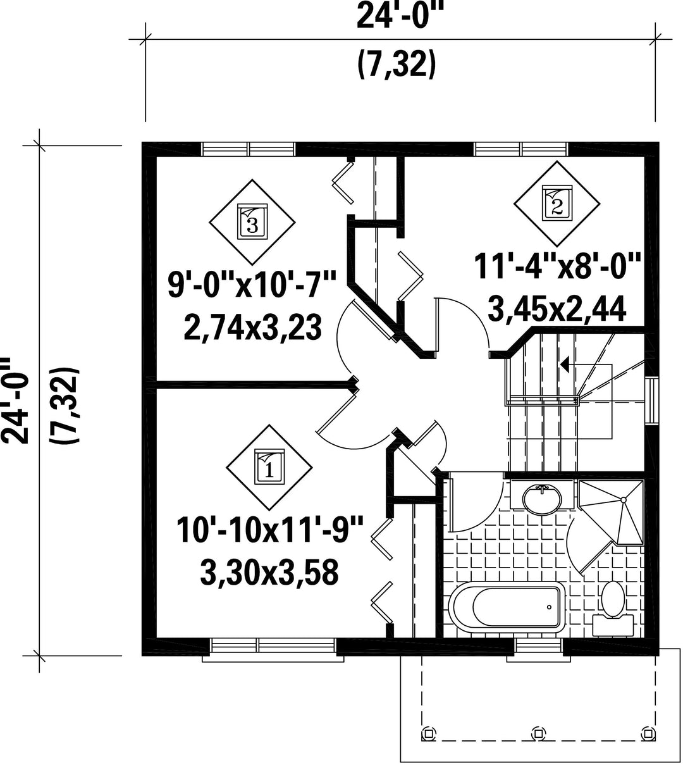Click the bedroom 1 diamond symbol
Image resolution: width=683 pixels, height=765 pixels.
pyautogui.click(x=269, y=468)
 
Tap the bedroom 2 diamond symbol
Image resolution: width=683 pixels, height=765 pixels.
pyautogui.click(x=557, y=204)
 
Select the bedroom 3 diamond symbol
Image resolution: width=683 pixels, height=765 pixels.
pyautogui.click(x=252, y=222)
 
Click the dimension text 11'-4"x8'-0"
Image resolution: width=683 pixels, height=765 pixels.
pyautogui.click(x=557, y=267)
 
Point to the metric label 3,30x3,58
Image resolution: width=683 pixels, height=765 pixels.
pyautogui.click(x=269, y=573)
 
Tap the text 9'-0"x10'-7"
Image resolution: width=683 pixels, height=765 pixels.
pyautogui.click(x=252, y=286)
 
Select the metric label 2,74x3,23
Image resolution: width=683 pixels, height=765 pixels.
pyautogui.click(x=252, y=327)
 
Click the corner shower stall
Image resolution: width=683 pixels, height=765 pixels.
pyautogui.click(x=611, y=513)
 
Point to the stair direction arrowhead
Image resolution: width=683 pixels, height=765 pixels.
pyautogui.click(x=565, y=364)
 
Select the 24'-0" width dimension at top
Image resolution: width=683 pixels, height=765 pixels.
pyautogui.click(x=399, y=16)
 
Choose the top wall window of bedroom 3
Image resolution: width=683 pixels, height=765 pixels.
pyautogui.click(x=249, y=149)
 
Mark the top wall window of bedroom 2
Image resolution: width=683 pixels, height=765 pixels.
pyautogui.click(x=520, y=149)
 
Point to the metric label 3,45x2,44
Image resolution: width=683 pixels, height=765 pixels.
pyautogui.click(x=557, y=309)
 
